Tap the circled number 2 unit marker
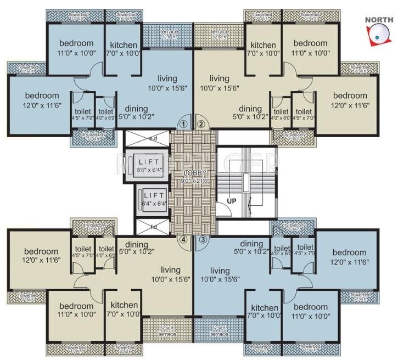tap(201, 124)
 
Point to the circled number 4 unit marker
tap(184, 239)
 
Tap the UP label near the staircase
tap(232, 201)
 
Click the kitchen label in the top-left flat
tap(123, 45)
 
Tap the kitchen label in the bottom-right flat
tap(265, 308)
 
